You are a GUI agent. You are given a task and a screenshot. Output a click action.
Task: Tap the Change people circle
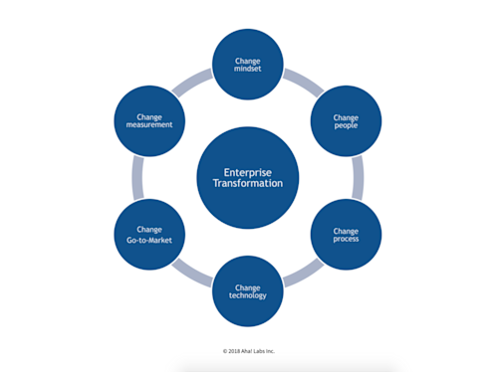[347, 120]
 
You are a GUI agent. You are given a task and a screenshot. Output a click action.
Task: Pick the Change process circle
[347, 235]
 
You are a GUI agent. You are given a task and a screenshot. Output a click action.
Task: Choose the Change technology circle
[248, 290]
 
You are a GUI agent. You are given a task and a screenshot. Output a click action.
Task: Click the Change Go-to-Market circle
[149, 235]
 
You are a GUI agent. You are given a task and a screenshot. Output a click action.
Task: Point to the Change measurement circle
[149, 120]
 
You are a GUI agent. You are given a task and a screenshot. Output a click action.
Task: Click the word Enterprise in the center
[248, 171]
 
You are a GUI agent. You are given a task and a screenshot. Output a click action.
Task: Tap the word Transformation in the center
[248, 184]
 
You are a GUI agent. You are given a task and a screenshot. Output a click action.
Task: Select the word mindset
[248, 70]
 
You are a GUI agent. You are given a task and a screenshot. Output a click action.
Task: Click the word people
[347, 126]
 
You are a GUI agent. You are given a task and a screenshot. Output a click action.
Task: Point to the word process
[347, 240]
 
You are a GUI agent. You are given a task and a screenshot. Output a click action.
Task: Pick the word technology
[248, 295]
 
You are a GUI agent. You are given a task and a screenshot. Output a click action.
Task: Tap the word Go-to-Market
[149, 240]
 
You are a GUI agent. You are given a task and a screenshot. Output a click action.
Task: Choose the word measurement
[149, 126]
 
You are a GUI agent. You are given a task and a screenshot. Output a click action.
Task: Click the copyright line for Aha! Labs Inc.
[248, 351]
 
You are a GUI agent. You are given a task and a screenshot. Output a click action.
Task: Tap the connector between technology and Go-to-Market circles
[197, 274]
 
